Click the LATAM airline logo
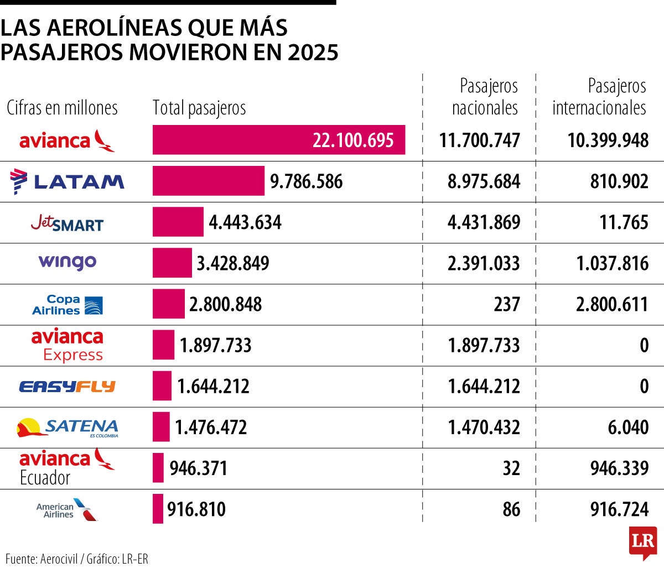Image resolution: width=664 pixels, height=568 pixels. [x=68, y=181]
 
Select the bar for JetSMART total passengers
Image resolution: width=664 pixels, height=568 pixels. [x=178, y=222]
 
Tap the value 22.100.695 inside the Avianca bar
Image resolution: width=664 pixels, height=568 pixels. [x=353, y=140]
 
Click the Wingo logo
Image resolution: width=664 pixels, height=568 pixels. [x=68, y=262]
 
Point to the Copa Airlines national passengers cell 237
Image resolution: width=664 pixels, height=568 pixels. [x=506, y=304]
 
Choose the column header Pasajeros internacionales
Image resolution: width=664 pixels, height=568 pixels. [x=599, y=97]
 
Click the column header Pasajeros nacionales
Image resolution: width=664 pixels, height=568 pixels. [x=485, y=97]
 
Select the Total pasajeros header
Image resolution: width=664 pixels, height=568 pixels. [x=199, y=108]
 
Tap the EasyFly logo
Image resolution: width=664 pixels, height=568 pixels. [x=68, y=386]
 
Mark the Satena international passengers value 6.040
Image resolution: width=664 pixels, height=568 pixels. [x=628, y=428]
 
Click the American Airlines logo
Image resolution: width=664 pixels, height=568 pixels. [x=68, y=509]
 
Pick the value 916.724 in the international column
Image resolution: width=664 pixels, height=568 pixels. [x=619, y=509]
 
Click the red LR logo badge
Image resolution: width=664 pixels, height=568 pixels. [x=642, y=542]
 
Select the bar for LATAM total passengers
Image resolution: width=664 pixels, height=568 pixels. [x=209, y=181]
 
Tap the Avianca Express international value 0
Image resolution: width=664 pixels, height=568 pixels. [x=644, y=346]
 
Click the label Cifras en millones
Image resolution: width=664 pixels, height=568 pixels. [x=62, y=108]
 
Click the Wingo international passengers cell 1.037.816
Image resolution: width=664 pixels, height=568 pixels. [x=612, y=263]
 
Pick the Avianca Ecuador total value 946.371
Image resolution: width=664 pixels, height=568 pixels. [x=198, y=468]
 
